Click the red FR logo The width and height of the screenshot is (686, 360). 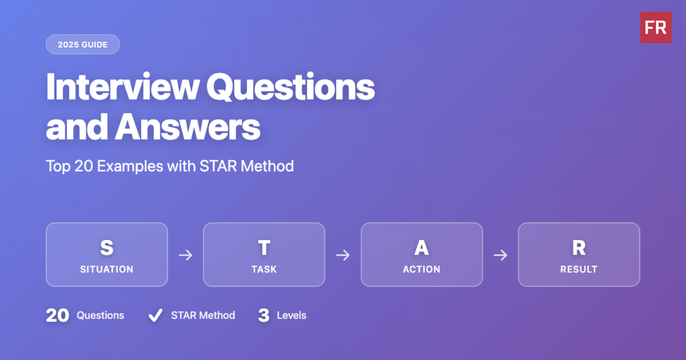tap(656, 27)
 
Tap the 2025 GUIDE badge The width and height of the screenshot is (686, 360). tap(83, 45)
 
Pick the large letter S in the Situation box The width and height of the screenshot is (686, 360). tap(106, 248)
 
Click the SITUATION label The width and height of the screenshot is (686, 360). tap(106, 269)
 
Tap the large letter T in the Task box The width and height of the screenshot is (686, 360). tap(264, 248)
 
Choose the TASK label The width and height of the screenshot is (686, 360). tap(264, 269)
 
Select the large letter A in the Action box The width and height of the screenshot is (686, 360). tap(421, 248)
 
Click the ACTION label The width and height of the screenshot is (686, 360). tap(421, 269)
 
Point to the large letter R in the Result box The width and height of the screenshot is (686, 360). tap(579, 248)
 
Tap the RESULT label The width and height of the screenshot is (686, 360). tap(579, 269)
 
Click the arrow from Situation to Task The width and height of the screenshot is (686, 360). tap(185, 255)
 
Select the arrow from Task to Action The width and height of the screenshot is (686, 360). tap(342, 255)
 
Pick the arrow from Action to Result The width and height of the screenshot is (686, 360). tap(500, 255)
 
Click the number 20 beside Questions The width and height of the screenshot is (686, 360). tap(57, 315)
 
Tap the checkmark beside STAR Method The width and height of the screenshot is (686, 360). tap(154, 315)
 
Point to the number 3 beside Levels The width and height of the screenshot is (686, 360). tap(264, 315)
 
